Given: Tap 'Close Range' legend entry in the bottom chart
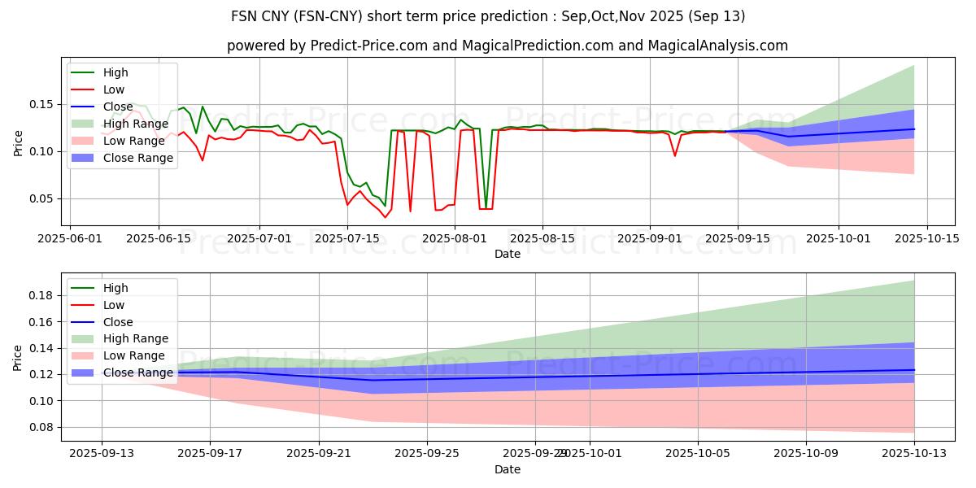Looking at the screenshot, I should (137, 373).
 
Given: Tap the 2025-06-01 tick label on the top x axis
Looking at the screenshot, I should (70, 238).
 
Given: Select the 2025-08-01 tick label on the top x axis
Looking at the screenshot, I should (455, 238).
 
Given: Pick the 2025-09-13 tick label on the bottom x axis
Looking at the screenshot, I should (102, 454).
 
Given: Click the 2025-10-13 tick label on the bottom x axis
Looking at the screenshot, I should (914, 454).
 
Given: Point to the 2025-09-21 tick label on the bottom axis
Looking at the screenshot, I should (318, 454).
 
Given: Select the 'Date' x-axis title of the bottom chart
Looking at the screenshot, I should (508, 469).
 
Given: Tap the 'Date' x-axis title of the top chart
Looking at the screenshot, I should (508, 254).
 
